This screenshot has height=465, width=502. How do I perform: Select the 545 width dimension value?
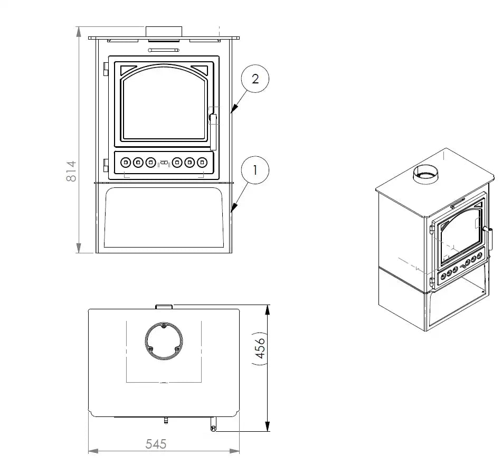coord(156,444)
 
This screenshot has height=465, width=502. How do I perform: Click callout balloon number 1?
coord(255,170)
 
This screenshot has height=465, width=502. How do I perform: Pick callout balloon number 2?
coord(255,79)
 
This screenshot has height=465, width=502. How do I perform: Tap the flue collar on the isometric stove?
coord(425,174)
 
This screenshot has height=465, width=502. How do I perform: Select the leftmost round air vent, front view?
coord(126,163)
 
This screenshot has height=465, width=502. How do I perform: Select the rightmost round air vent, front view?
coord(201,163)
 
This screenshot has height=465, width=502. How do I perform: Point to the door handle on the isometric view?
coord(489,231)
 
